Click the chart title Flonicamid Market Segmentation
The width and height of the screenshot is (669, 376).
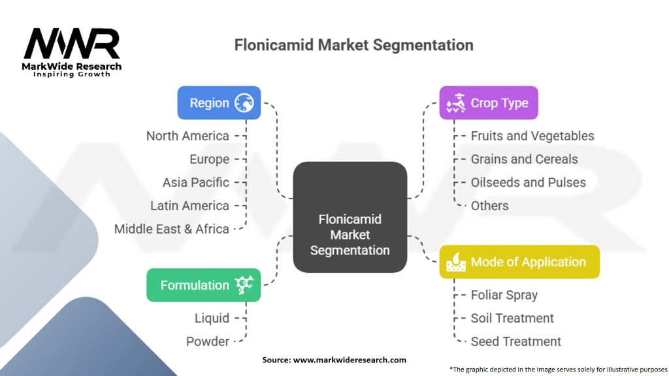click(353, 46)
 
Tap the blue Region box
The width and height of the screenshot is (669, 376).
click(219, 103)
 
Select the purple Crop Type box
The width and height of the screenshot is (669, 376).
click(488, 103)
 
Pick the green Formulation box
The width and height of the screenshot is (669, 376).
click(203, 285)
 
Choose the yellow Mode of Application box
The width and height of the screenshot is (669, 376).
click(519, 262)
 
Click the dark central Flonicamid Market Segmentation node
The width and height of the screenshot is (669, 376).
click(350, 217)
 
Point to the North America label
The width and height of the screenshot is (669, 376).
click(188, 136)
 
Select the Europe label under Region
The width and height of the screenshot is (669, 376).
click(209, 159)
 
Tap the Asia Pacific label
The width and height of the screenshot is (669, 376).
click(196, 182)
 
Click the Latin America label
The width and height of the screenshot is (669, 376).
click(189, 206)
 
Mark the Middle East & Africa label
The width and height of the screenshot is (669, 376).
click(171, 229)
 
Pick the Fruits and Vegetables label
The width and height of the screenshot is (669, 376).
click(532, 136)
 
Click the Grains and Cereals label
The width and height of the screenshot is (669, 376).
click(524, 159)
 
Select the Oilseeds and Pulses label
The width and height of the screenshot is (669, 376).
click(528, 182)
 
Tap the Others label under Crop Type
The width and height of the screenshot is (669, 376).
click(489, 206)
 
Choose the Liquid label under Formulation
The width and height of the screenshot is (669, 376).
click(212, 318)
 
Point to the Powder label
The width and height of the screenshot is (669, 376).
click(207, 341)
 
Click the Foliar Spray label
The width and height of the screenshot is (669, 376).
click(504, 295)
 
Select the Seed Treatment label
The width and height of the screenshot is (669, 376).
click(515, 341)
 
